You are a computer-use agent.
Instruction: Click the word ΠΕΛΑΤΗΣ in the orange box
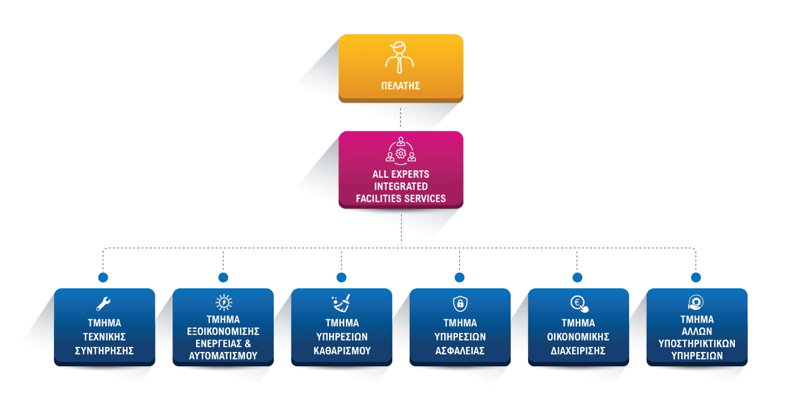click(400, 85)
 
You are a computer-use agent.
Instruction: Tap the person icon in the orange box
click(400, 58)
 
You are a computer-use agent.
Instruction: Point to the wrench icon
click(104, 304)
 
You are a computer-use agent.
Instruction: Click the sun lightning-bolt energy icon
click(223, 303)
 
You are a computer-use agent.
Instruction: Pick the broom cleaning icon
click(341, 304)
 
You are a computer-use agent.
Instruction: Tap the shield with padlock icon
click(459, 304)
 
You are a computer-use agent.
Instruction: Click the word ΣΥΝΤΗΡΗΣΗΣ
click(104, 351)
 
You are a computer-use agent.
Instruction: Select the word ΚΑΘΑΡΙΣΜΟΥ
click(341, 351)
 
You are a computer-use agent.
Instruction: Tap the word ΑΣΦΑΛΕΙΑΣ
click(460, 351)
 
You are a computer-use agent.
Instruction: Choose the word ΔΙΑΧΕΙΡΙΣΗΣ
click(578, 351)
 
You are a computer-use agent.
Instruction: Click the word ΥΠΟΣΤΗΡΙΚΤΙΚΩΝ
click(697, 343)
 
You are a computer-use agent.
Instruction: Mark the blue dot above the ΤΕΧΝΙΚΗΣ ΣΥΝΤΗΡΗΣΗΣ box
click(103, 277)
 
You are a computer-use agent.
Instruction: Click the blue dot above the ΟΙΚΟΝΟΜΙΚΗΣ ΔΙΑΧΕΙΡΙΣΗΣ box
click(577, 277)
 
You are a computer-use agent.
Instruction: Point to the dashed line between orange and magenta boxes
click(400, 116)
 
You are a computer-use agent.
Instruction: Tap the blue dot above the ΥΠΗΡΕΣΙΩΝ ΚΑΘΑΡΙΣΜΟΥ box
click(341, 277)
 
